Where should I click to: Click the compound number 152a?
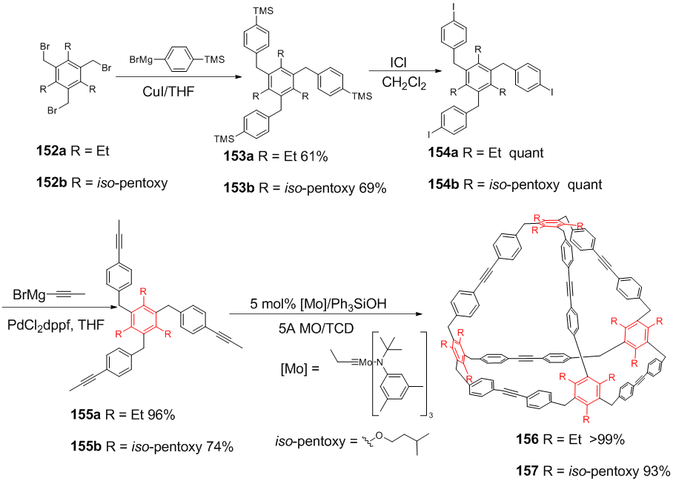51,151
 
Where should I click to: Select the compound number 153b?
239,188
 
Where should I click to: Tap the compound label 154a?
443,153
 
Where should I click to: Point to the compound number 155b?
86,447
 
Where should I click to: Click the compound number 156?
527,439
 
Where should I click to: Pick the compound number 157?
527,471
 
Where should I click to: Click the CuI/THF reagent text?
168,91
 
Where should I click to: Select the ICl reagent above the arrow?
398,63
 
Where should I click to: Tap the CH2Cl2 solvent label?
404,82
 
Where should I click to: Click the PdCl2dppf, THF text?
56,325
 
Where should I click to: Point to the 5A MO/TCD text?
316,328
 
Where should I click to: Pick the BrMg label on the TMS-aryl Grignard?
141,59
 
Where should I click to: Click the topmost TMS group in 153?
262,10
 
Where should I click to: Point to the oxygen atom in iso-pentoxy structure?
378,436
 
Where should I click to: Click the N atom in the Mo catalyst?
379,362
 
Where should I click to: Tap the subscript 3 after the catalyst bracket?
431,415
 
